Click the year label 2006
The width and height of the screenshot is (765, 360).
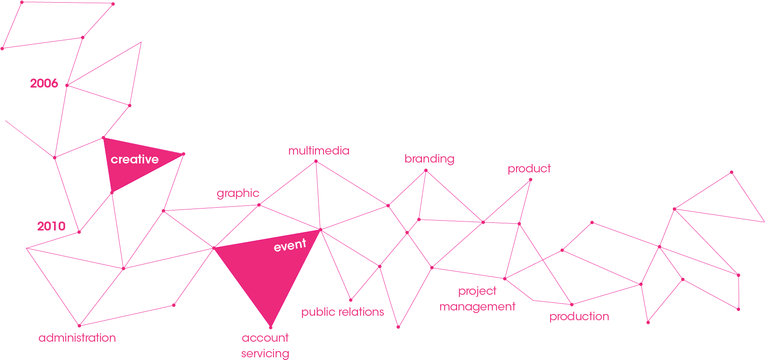click(44, 83)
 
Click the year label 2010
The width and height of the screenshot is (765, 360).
click(51, 226)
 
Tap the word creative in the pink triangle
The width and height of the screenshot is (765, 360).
click(135, 159)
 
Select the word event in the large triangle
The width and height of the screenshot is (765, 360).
click(290, 245)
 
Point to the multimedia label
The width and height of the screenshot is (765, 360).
click(319, 151)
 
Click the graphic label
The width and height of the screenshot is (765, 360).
click(238, 193)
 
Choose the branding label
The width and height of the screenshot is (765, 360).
click(429, 159)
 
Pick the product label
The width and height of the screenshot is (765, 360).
click(529, 169)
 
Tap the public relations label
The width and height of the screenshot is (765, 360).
click(342, 312)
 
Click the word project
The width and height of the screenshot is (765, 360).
click(477, 291)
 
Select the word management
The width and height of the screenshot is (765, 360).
click(477, 307)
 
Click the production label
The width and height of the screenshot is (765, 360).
click(579, 317)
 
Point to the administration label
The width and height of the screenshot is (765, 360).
click(77, 338)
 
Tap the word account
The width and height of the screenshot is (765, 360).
click(265, 338)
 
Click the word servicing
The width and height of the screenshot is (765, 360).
click(265, 354)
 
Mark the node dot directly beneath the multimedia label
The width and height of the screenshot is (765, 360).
click(316, 161)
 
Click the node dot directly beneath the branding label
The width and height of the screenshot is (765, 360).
click(426, 170)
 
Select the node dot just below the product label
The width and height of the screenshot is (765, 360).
click(530, 180)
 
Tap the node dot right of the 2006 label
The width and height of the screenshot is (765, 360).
click(67, 85)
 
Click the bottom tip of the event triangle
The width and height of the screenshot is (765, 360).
click(271, 327)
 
